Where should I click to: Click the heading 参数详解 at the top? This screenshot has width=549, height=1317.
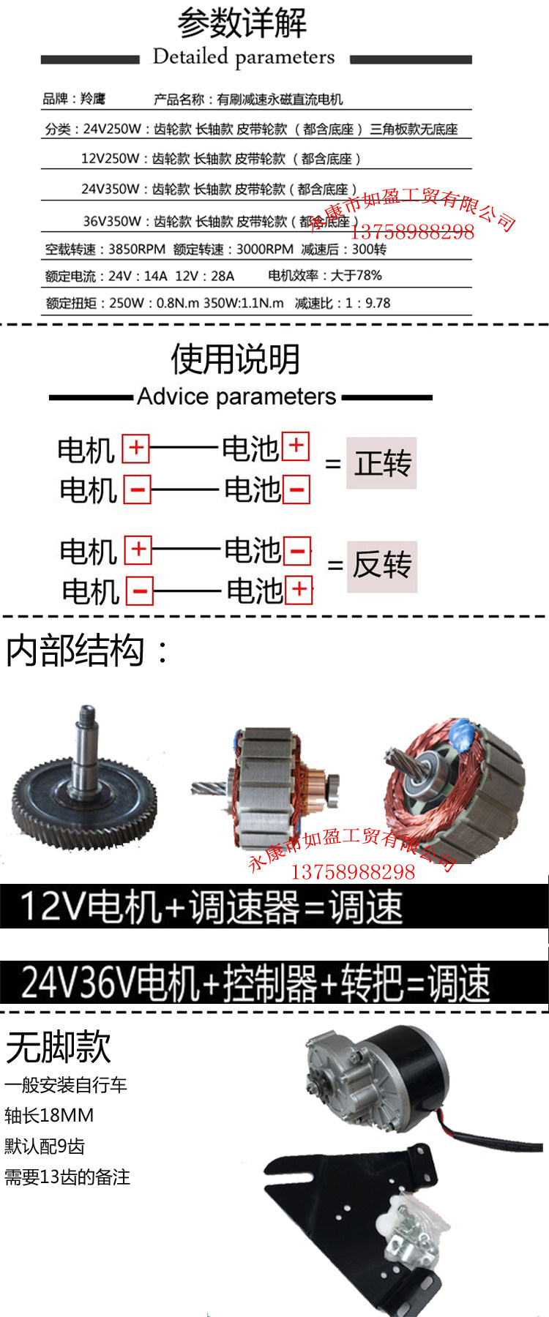coord(242,23)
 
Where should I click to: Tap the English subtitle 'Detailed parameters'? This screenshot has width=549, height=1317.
coord(243,57)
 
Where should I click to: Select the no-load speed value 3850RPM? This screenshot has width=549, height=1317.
coord(136,249)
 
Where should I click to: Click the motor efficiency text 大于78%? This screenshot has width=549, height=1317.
coord(356,275)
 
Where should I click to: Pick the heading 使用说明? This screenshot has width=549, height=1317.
coord(236,359)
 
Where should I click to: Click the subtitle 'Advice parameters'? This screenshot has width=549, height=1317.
coord(236,397)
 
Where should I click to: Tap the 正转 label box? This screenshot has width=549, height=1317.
coord(381,463)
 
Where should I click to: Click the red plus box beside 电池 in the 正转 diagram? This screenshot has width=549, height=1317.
coord(296,446)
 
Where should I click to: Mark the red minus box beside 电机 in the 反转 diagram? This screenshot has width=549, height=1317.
coord(140,590)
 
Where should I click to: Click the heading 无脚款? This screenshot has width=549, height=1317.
coord(59,1047)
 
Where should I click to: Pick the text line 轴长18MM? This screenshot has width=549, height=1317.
coord(49,1116)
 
